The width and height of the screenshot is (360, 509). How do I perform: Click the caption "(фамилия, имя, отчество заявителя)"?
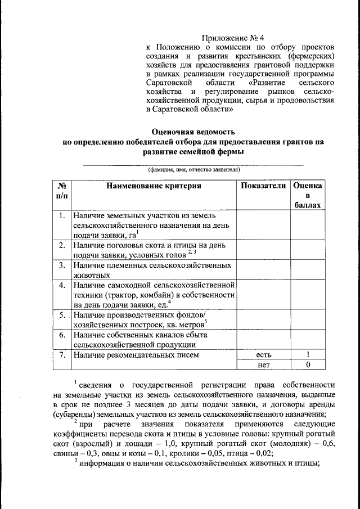[193, 169]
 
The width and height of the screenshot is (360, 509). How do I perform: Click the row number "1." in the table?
[62, 215]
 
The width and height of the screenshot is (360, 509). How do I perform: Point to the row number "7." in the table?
[62, 355]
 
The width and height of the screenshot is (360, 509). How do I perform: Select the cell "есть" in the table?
[263, 355]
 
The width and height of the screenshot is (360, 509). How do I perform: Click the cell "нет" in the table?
[263, 365]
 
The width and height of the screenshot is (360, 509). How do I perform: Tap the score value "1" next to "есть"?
[308, 355]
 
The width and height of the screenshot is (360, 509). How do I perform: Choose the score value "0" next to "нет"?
[308, 365]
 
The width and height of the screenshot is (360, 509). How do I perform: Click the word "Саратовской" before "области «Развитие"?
[170, 83]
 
